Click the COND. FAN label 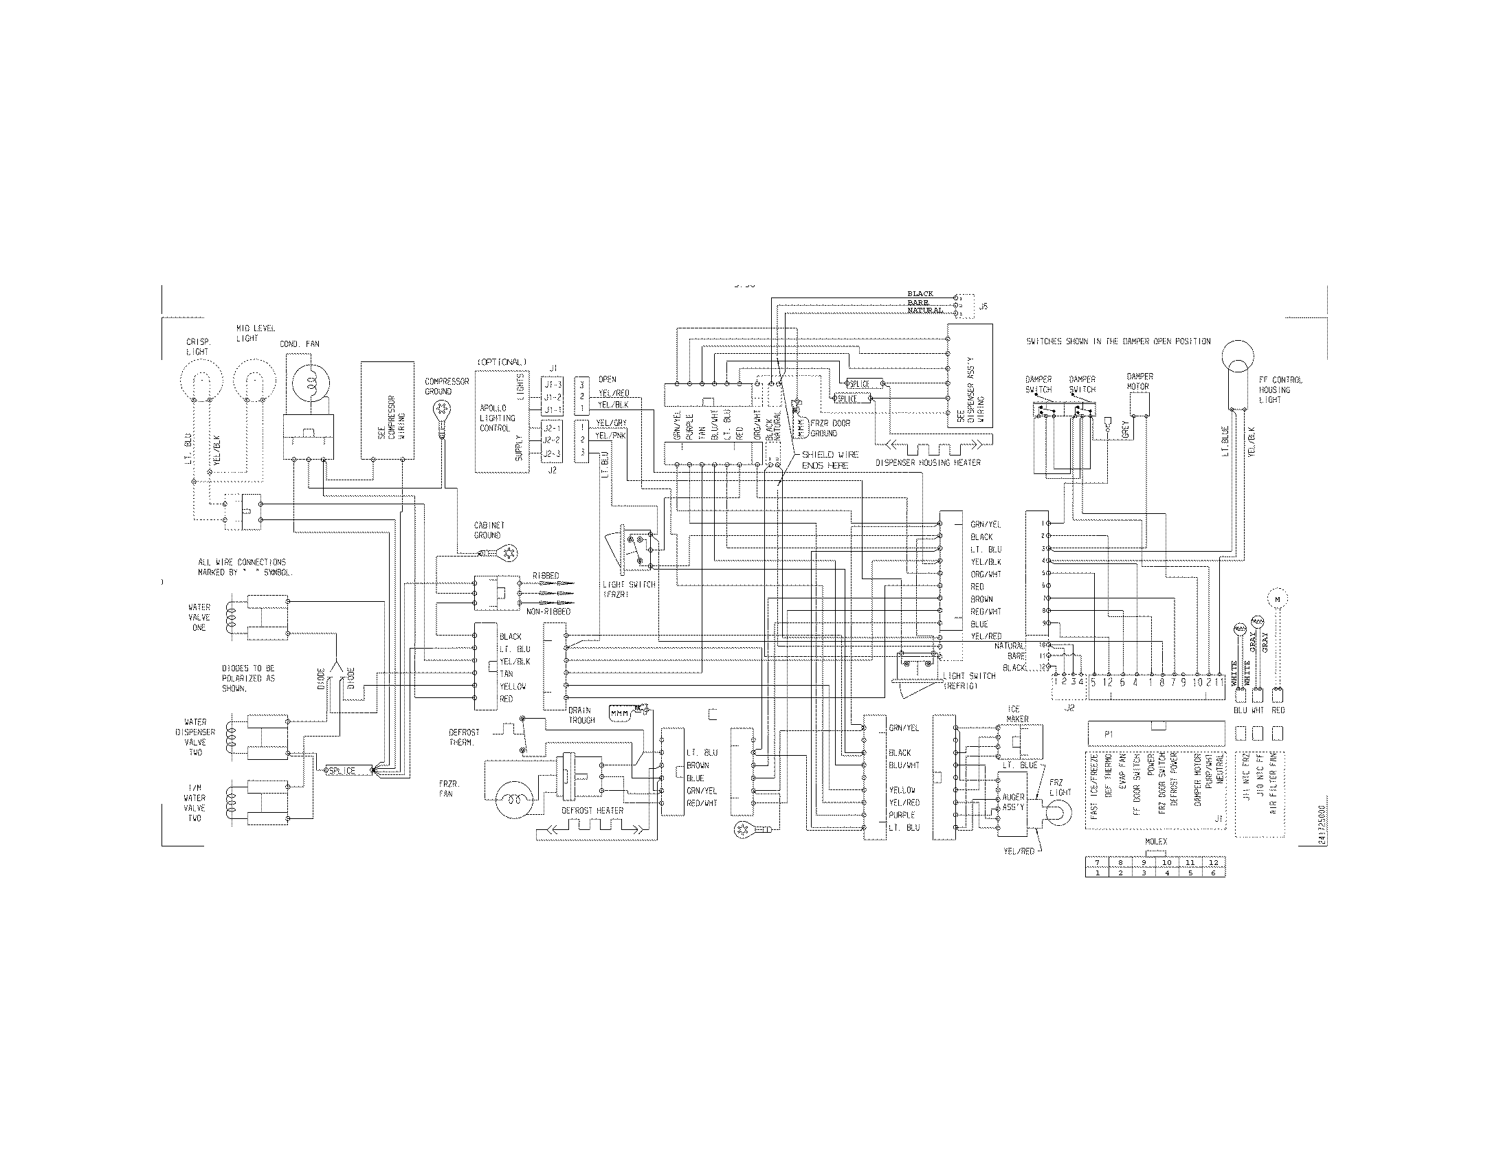(x=299, y=344)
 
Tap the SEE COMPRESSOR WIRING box (x=388, y=409)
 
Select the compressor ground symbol (x=438, y=410)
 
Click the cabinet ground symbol (x=510, y=552)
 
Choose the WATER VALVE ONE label (x=199, y=617)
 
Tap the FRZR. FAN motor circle (x=512, y=798)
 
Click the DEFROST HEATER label (x=592, y=810)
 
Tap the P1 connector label (x=1109, y=734)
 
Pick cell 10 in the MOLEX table (x=1166, y=862)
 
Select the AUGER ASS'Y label (x=1013, y=802)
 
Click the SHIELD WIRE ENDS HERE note (x=830, y=460)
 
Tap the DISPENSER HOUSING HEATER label (x=928, y=462)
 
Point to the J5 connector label (x=983, y=306)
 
